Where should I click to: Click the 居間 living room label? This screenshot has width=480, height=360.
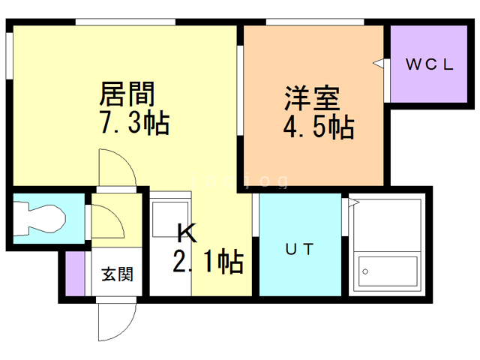coord(127,95)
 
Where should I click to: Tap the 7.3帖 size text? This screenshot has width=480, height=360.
coord(134,122)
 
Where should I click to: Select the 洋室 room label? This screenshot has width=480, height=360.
coord(311,99)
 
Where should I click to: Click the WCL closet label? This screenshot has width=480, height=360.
coord(430,64)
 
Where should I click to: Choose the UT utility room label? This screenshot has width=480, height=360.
coord(298,247)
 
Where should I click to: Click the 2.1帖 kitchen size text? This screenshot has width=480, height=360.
coord(208,262)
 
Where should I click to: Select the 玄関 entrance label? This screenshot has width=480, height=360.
coord(118,274)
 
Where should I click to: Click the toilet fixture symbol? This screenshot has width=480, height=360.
coord(41,219)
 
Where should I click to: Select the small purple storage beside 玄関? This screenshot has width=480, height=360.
coord(75,274)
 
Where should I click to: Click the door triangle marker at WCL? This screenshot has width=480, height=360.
coord(379,65)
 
